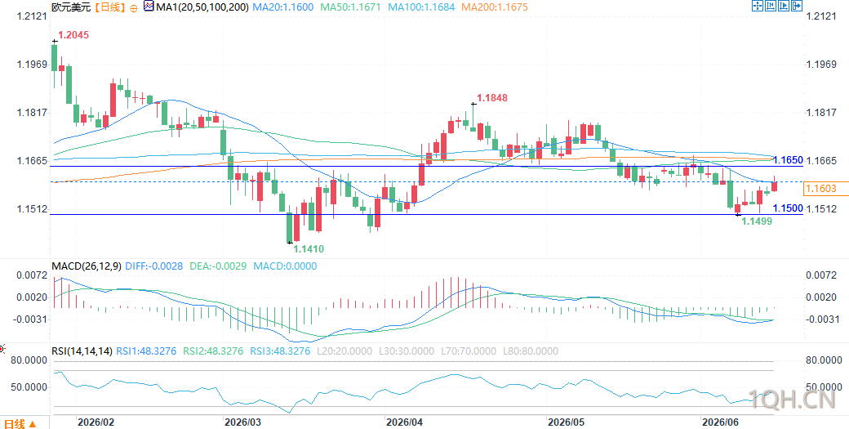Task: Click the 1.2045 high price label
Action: point(73,35)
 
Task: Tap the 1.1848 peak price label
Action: point(493,98)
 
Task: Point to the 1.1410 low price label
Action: point(309,249)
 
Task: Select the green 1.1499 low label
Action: point(757,221)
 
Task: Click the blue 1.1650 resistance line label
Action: point(788,160)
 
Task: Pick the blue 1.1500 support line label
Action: point(788,208)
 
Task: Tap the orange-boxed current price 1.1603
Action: point(821,189)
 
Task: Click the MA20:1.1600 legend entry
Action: point(284,7)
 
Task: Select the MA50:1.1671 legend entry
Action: point(350,7)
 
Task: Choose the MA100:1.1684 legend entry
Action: point(420,7)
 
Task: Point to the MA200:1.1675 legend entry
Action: point(495,7)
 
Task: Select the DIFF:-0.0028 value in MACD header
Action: point(154,266)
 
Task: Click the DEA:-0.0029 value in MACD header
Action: point(218,266)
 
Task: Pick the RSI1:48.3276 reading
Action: point(146,351)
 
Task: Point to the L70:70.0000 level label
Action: point(468,351)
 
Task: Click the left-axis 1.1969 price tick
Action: point(33,65)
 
